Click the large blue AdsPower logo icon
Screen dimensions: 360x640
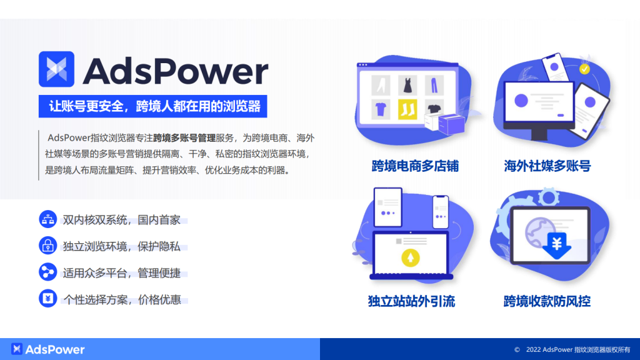coord(57,69)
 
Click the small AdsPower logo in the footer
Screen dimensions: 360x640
coord(17,349)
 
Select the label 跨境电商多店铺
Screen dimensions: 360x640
coord(415,166)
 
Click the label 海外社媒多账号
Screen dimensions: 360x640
coord(547,166)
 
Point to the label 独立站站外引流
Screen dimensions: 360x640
coord(411,302)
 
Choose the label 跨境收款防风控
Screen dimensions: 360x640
coord(547,302)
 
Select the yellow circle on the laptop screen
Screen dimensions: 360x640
coord(411,257)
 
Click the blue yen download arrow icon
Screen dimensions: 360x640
coord(554,244)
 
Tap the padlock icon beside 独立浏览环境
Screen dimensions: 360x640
coord(47,246)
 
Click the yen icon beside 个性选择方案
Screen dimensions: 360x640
coord(47,299)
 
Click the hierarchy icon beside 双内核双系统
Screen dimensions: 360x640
coord(47,219)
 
